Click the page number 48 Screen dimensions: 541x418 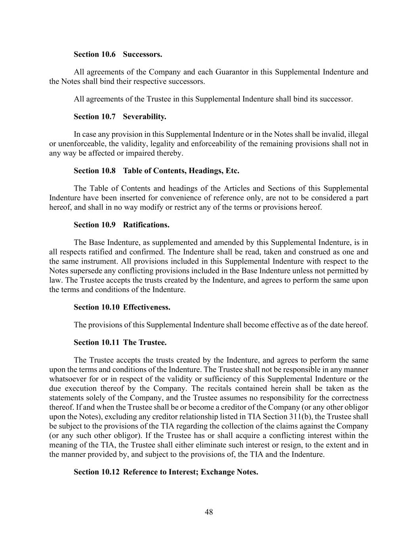tap(209, 512)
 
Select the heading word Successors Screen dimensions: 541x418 tap(142, 54)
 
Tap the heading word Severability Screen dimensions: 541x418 tap(144, 117)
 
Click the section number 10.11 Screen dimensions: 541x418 tap(109, 342)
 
